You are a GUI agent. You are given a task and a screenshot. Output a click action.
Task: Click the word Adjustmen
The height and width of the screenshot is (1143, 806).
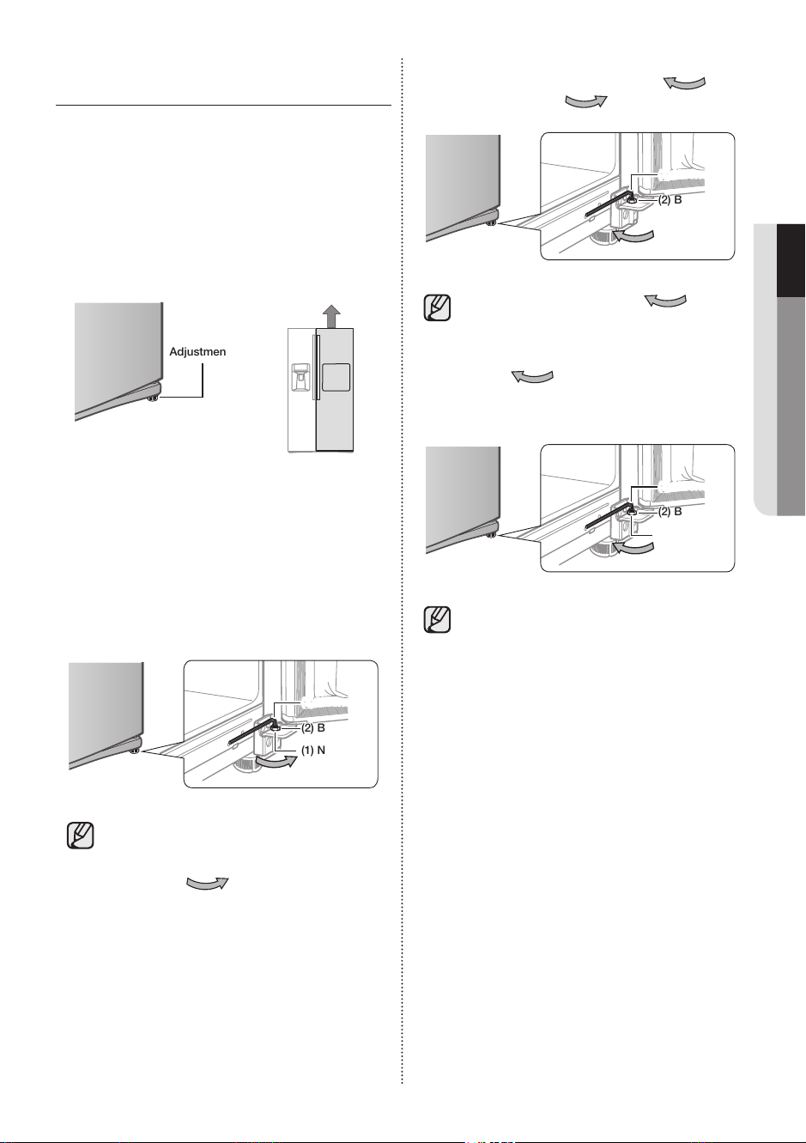(x=197, y=351)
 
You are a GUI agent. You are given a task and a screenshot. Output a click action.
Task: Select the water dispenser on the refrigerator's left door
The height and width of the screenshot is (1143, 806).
(x=300, y=378)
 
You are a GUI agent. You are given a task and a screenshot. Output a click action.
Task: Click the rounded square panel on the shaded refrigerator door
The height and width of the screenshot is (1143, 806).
(x=336, y=377)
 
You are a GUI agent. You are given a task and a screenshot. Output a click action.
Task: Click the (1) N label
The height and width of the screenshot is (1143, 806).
(x=313, y=750)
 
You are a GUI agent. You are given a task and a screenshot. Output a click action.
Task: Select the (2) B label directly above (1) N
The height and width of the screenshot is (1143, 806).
(x=313, y=727)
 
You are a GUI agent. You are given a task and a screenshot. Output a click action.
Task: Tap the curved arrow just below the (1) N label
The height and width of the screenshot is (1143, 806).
(x=276, y=762)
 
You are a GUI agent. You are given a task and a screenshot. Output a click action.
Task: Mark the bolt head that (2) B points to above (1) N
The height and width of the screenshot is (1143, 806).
(x=276, y=727)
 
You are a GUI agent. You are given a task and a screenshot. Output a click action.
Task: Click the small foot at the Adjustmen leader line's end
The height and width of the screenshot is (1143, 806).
(x=153, y=398)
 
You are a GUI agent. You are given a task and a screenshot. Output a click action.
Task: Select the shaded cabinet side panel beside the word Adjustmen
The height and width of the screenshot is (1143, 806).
(x=118, y=357)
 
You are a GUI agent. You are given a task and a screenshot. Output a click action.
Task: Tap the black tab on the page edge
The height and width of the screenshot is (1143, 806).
(x=791, y=259)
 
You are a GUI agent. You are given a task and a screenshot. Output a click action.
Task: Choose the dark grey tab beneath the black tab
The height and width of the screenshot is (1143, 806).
(x=791, y=406)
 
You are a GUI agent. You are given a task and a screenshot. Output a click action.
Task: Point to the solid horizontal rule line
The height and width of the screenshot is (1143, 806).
(x=223, y=106)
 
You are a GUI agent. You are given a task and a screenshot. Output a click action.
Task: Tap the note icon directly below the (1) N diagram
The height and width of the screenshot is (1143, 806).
(x=80, y=836)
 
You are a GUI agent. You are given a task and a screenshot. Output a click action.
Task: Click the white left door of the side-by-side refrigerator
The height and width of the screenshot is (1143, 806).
(x=301, y=390)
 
